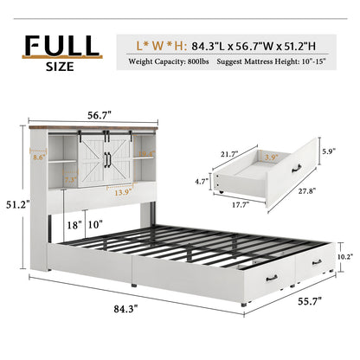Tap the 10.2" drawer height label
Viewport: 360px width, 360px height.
pyautogui.click(x=344, y=256)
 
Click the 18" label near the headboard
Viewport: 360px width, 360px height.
pyautogui.click(x=77, y=225)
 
